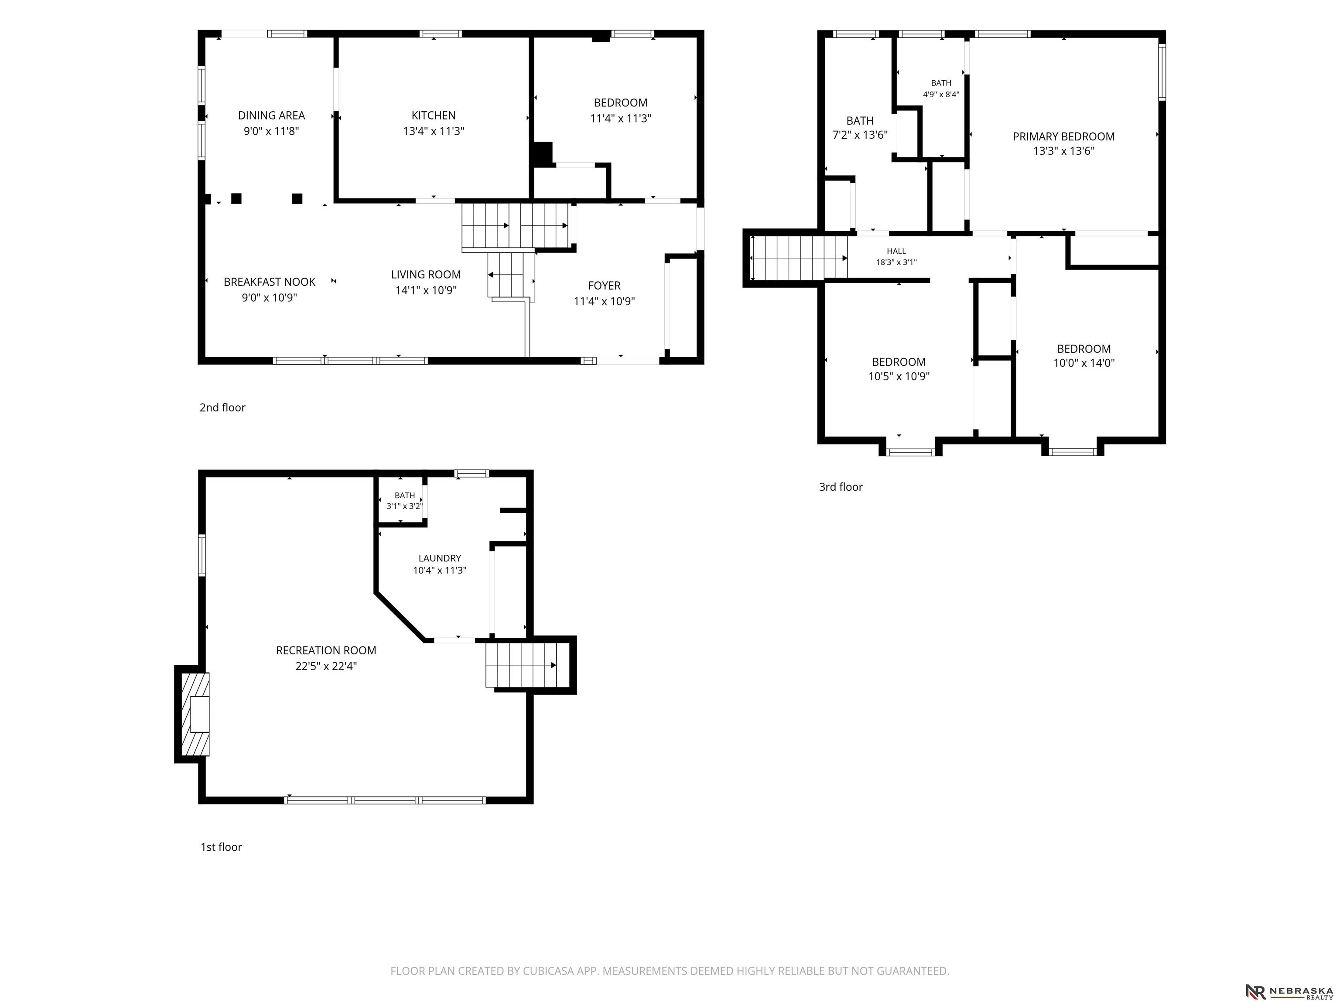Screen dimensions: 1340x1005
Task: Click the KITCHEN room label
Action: click(433, 115)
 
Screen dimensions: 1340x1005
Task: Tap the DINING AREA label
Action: click(271, 115)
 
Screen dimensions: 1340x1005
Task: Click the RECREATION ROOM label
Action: click(326, 650)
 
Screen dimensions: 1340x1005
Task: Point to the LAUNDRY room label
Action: click(439, 558)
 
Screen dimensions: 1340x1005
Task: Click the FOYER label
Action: click(604, 285)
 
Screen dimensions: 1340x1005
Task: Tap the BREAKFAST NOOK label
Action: click(270, 282)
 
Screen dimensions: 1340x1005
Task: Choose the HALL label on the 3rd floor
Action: click(896, 251)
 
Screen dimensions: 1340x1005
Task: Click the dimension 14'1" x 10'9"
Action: click(426, 290)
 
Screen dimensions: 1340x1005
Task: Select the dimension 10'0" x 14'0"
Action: click(1084, 363)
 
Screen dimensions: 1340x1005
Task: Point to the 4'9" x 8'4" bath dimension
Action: click(941, 95)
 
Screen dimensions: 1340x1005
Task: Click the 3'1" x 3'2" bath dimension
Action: click(405, 506)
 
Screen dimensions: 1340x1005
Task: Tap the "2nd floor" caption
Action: click(222, 407)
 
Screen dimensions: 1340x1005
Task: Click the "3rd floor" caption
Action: click(841, 486)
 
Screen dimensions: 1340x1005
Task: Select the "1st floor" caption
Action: click(221, 847)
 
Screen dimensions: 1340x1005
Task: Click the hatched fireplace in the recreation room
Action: click(196, 714)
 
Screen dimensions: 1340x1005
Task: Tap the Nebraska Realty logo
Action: click(1289, 991)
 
